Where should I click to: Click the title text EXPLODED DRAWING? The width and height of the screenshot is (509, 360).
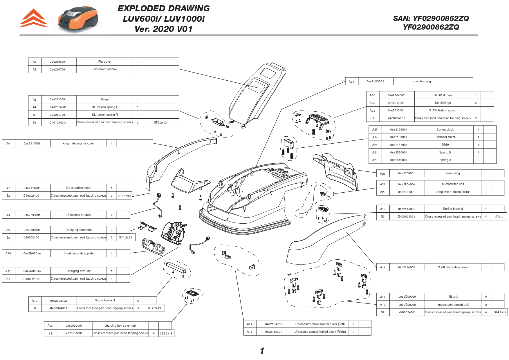(x=163, y=8)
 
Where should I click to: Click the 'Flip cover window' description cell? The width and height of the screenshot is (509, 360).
(x=105, y=69)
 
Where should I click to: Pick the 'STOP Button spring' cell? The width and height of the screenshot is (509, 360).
(x=443, y=111)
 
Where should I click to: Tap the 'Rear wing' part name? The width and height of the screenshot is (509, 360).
(x=453, y=173)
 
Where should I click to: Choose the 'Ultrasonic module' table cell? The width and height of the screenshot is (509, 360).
(x=79, y=215)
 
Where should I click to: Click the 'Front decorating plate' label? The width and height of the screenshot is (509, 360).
(x=79, y=253)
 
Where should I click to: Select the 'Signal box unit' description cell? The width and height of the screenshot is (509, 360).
(x=105, y=301)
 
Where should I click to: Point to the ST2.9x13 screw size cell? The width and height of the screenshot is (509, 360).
(x=166, y=333)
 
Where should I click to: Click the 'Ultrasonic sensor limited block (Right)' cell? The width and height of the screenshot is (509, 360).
(x=320, y=332)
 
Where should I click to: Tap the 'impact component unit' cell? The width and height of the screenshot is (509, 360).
(x=453, y=305)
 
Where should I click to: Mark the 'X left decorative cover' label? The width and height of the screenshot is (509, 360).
(x=453, y=267)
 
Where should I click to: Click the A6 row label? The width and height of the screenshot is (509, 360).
(x=8, y=143)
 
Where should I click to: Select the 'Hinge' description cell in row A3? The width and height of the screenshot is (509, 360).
(x=105, y=99)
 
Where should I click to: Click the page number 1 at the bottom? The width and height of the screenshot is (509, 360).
(x=262, y=351)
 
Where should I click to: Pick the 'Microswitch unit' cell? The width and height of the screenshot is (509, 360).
(x=453, y=184)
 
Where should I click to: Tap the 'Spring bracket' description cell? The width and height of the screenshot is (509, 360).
(x=453, y=209)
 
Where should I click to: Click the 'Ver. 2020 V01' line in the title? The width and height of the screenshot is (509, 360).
(x=163, y=29)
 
